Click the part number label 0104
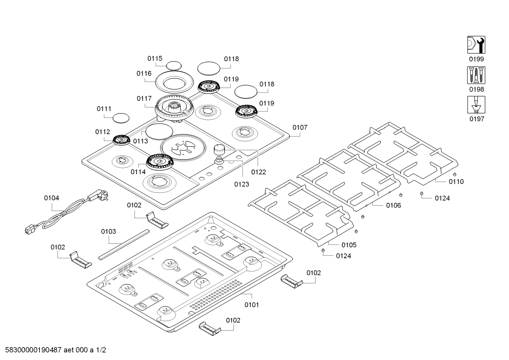pyautogui.click(x=52, y=198)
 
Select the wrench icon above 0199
pyautogui.click(x=476, y=45)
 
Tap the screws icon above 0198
pyautogui.click(x=476, y=75)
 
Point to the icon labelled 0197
pyautogui.click(x=476, y=105)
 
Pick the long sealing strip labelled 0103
pyautogui.click(x=124, y=244)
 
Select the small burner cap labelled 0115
pyautogui.click(x=173, y=66)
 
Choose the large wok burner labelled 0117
pyautogui.click(x=174, y=108)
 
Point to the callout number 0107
pyautogui.click(x=300, y=128)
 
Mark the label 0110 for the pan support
pyautogui.click(x=456, y=182)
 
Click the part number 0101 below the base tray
pyautogui.click(x=251, y=305)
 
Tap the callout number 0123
pyautogui.click(x=241, y=184)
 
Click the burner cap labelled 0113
pyautogui.click(x=159, y=132)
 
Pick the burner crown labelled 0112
pyautogui.click(x=122, y=140)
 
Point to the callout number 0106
pyautogui.click(x=393, y=205)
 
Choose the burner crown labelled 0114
pyautogui.click(x=160, y=162)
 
